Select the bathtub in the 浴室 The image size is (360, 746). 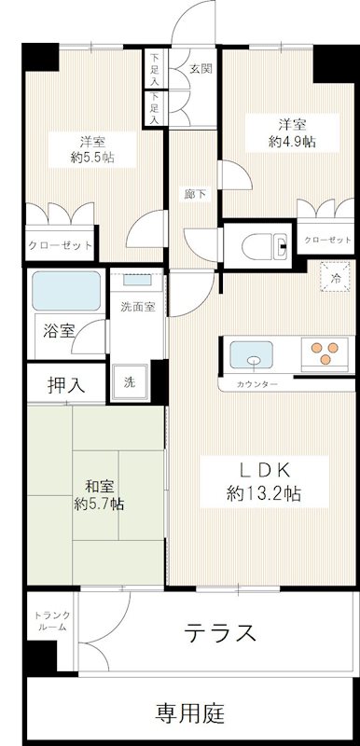click(x=66, y=291)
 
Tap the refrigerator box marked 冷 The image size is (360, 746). click(x=331, y=277)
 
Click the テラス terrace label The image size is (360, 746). click(x=221, y=633)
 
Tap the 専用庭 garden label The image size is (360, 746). click(x=190, y=714)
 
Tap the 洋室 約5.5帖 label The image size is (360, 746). click(x=90, y=149)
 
